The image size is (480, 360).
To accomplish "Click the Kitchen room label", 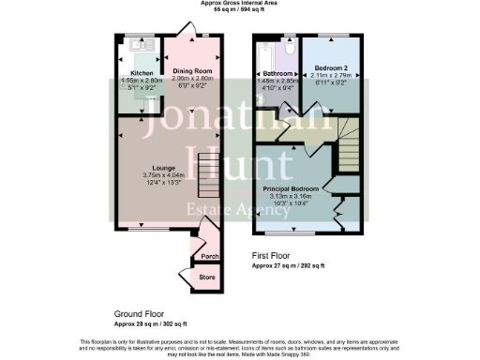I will pos(142,72).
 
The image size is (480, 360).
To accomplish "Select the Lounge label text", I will pos(152,168).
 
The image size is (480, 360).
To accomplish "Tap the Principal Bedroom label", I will pos(291,189).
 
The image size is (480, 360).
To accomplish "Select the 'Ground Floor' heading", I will pos(140,315).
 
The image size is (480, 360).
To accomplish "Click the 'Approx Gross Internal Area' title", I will pos(239,3).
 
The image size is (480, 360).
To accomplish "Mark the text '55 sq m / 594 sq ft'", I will pos(239,9).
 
